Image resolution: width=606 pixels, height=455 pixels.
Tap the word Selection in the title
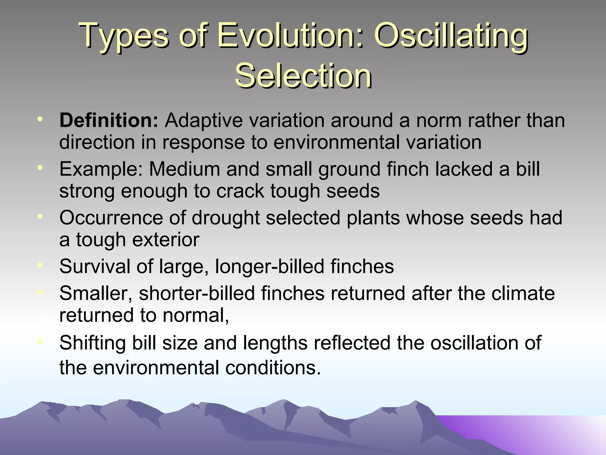[x=303, y=76]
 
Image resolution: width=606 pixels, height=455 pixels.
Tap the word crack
[x=240, y=191]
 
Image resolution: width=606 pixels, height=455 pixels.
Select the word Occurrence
[x=111, y=218]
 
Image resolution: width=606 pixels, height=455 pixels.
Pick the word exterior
[x=166, y=240]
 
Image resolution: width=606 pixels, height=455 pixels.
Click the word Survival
[x=95, y=266]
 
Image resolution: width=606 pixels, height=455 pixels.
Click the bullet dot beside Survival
[x=40, y=265]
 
